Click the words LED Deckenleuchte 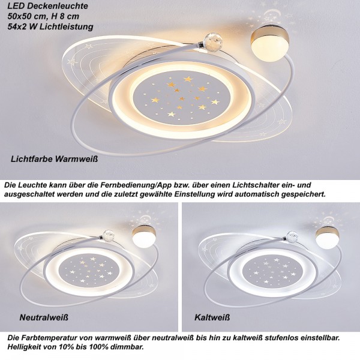[48, 6]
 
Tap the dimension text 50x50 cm [26, 16]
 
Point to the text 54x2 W [23, 26]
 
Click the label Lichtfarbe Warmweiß [55, 159]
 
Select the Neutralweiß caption [44, 317]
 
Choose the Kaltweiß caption [212, 317]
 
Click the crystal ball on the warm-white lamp [211, 40]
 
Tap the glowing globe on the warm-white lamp [270, 44]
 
